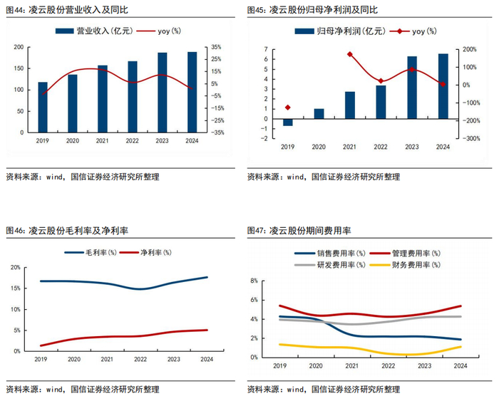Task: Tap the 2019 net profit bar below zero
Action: click(287, 123)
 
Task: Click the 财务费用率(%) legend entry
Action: click(403, 264)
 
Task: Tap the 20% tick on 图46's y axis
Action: click(16, 267)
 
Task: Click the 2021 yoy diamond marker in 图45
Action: click(350, 54)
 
